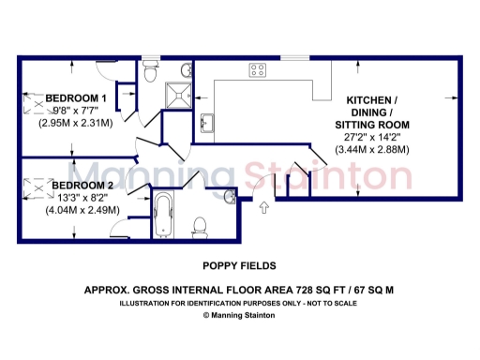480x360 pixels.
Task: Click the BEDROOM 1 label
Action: click(x=76, y=97)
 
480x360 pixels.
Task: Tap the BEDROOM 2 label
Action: click(x=82, y=186)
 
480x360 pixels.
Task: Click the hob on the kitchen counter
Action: click(x=258, y=68)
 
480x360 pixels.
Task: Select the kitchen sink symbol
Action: click(x=208, y=123)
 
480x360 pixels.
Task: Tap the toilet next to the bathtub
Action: click(x=198, y=226)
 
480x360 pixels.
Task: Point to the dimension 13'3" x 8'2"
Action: click(x=82, y=198)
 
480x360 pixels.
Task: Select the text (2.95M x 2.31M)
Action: click(x=76, y=122)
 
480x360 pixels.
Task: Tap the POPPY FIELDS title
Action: click(x=239, y=266)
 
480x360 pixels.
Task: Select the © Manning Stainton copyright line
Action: click(x=239, y=316)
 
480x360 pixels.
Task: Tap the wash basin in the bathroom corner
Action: click(x=230, y=195)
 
